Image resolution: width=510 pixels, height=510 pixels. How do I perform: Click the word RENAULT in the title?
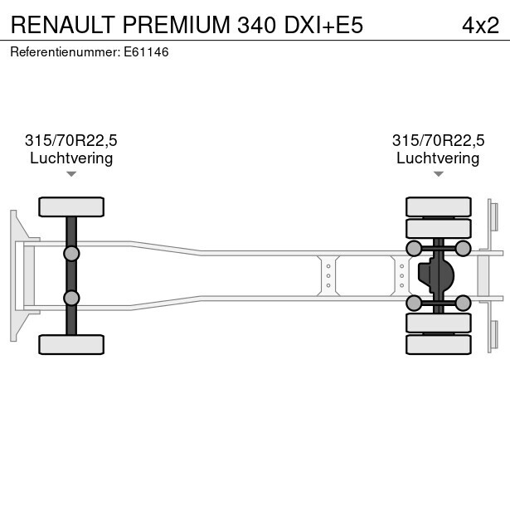pos(62,25)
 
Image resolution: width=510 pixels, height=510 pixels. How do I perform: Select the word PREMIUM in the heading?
pos(177,25)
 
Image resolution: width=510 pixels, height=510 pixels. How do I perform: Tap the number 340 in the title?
pos(257,25)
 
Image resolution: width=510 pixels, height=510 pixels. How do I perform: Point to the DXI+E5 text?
pos(323,25)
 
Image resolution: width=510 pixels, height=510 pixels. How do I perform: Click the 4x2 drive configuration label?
pos(480,26)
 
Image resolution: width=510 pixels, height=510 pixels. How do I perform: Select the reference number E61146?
pos(146,52)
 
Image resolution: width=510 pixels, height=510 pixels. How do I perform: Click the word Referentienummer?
pos(65,52)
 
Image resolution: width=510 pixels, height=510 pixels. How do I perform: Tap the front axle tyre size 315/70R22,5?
pos(71,140)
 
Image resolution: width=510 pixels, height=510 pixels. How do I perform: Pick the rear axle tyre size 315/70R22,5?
pos(438,140)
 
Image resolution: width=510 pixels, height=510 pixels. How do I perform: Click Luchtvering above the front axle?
pos(71,158)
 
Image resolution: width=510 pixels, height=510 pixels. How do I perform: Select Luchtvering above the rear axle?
pos(438,158)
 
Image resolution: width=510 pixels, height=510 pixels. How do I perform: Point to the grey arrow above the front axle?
pos(71,174)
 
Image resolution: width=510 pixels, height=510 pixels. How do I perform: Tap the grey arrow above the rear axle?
pos(439,174)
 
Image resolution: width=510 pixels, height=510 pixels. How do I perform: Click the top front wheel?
pos(71,206)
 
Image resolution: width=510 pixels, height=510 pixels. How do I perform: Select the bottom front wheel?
pos(71,344)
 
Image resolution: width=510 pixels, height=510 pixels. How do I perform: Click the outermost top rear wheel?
pos(439,206)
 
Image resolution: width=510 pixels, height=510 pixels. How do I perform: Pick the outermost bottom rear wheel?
pos(439,344)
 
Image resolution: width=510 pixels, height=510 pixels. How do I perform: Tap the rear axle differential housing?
pos(436,276)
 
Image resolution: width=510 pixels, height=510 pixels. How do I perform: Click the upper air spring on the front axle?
pos(71,254)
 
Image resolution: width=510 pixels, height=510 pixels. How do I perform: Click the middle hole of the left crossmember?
pos(328,276)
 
